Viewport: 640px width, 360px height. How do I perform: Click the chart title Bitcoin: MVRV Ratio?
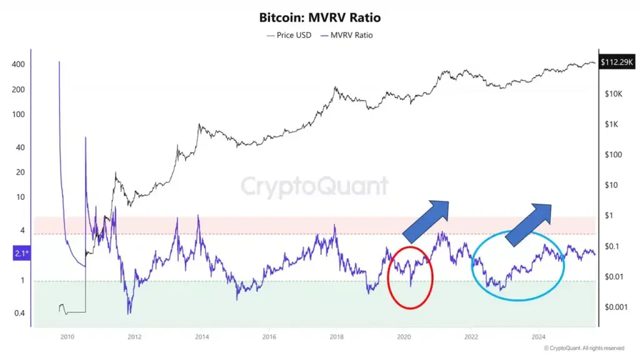point(319,17)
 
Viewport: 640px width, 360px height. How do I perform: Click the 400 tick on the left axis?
point(17,64)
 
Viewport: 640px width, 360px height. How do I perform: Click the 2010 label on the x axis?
point(67,336)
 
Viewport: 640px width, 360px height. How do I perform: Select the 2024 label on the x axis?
point(539,336)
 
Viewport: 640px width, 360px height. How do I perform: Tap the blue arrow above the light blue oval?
point(529,222)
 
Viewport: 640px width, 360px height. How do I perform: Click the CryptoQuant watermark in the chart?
point(314,186)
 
